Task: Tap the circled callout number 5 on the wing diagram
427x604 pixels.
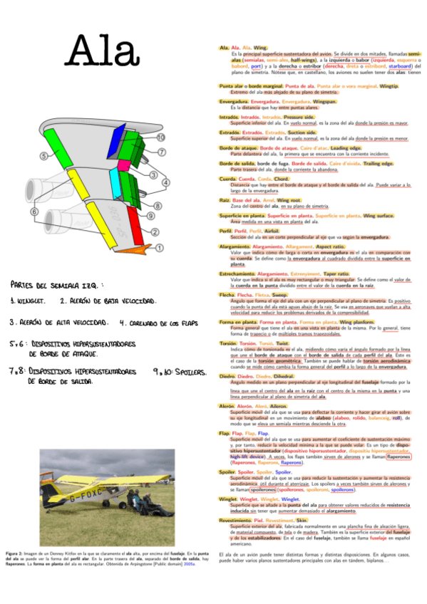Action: click(x=44, y=155)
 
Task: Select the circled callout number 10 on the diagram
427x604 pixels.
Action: click(x=161, y=137)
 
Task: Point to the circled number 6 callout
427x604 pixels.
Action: click(x=33, y=211)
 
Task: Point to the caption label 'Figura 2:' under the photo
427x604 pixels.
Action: click(x=14, y=553)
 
